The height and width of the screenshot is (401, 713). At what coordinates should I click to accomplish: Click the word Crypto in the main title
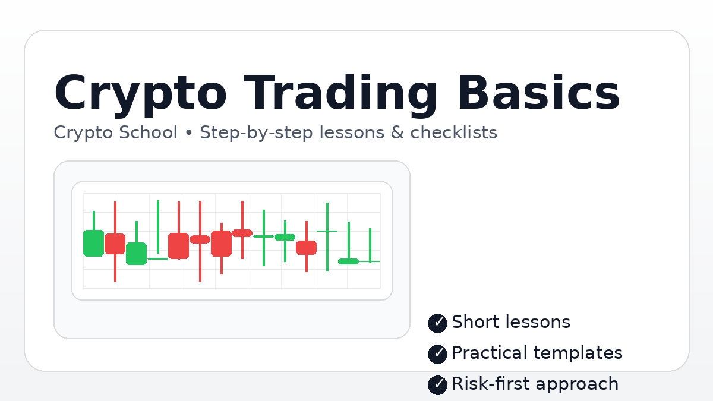(x=140, y=94)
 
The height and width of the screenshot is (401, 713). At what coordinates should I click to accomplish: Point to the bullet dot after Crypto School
(x=189, y=133)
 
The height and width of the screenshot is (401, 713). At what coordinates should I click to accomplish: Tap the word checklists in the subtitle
(x=453, y=132)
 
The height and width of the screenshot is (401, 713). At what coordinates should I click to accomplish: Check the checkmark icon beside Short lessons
(x=437, y=323)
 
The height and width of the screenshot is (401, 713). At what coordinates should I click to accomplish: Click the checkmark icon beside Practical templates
(x=437, y=353)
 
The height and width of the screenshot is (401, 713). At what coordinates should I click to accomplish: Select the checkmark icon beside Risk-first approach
(x=437, y=384)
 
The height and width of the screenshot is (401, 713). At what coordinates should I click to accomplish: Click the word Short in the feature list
(x=473, y=322)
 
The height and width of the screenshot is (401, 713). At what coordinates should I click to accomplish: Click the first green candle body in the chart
(x=93, y=243)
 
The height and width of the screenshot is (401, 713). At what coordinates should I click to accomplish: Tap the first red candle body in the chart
(x=115, y=244)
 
